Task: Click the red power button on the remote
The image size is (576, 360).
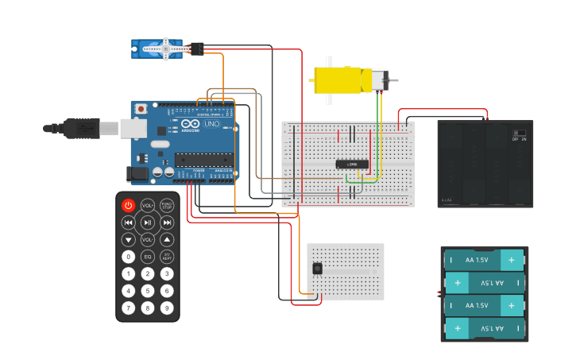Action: click(128, 205)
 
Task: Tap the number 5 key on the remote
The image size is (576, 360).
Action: click(148, 291)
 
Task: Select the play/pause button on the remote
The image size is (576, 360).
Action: click(148, 223)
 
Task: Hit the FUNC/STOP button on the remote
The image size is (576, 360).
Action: click(167, 205)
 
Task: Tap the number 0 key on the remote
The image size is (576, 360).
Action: click(128, 257)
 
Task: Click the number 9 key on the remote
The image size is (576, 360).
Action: click(167, 308)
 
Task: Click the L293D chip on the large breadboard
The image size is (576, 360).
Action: click(351, 164)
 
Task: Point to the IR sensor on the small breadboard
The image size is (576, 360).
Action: click(318, 269)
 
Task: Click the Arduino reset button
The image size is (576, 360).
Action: click(141, 108)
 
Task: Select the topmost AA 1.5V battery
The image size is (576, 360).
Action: click(485, 260)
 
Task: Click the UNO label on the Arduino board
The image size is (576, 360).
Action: click(211, 124)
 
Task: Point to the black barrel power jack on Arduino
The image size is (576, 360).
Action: click(138, 172)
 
